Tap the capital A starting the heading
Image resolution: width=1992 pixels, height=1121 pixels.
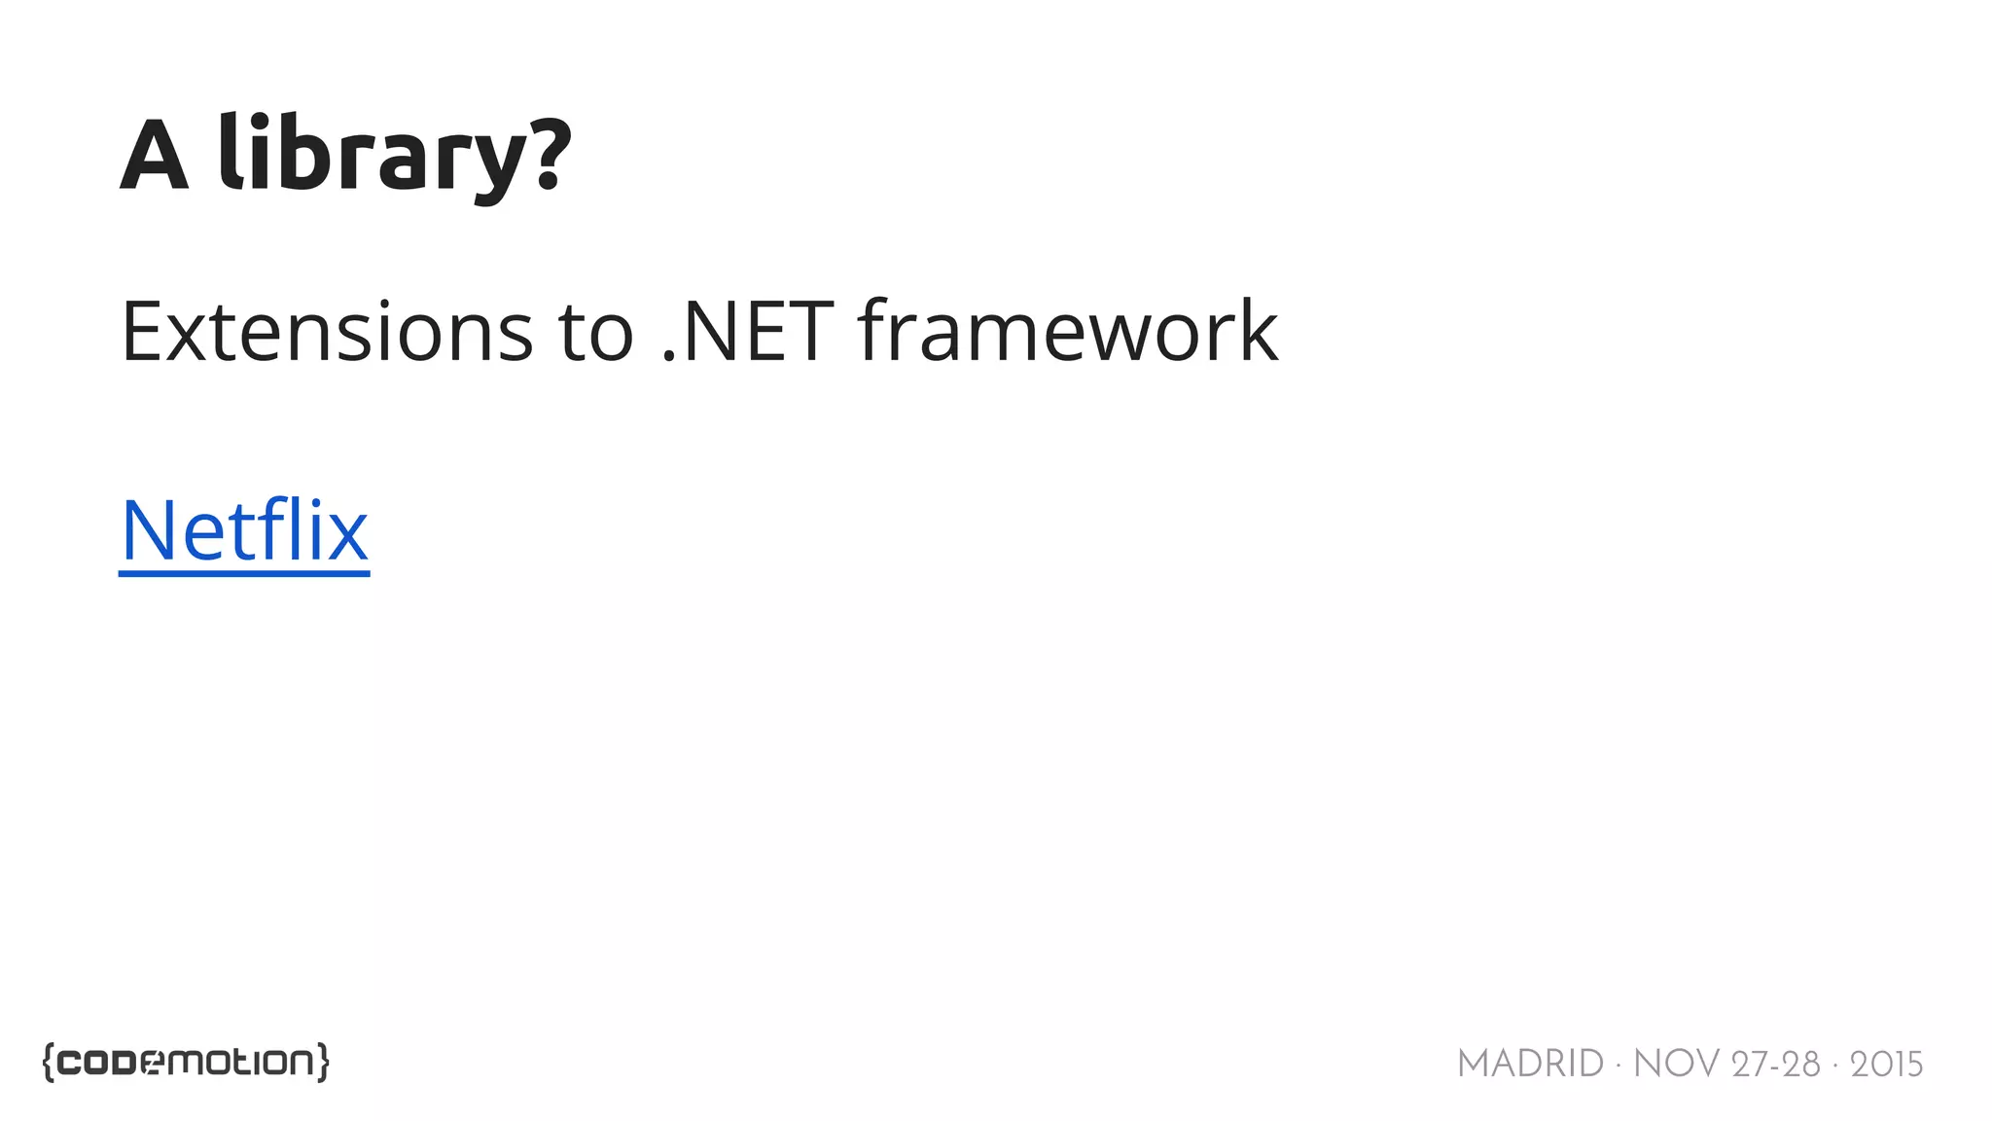point(154,156)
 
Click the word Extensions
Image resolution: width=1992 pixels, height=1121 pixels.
point(327,333)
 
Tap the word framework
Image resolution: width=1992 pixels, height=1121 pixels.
point(1068,333)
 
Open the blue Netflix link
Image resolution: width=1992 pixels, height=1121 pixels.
point(244,531)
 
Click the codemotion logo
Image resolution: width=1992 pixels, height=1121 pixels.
point(186,1063)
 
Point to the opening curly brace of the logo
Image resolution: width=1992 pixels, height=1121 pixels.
point(49,1063)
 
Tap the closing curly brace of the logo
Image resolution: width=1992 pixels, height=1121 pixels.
point(323,1063)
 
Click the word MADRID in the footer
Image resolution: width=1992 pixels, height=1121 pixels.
point(1530,1065)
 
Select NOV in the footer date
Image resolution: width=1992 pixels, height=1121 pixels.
point(1676,1065)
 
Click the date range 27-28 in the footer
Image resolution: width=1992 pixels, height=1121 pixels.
point(1775,1065)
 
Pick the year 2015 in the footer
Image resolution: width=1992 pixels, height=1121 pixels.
point(1886,1065)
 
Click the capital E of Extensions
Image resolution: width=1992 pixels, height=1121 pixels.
point(140,333)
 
